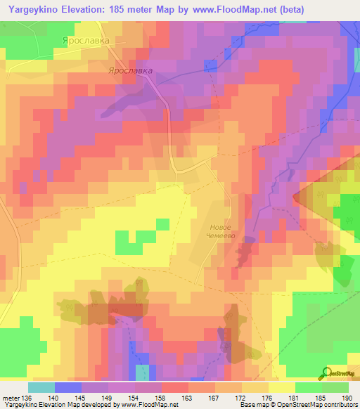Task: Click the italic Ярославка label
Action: click(130, 71)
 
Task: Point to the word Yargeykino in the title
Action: click(34, 10)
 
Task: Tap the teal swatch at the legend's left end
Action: click(41, 387)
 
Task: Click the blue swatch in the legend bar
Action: click(68, 387)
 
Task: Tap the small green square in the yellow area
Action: click(162, 224)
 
